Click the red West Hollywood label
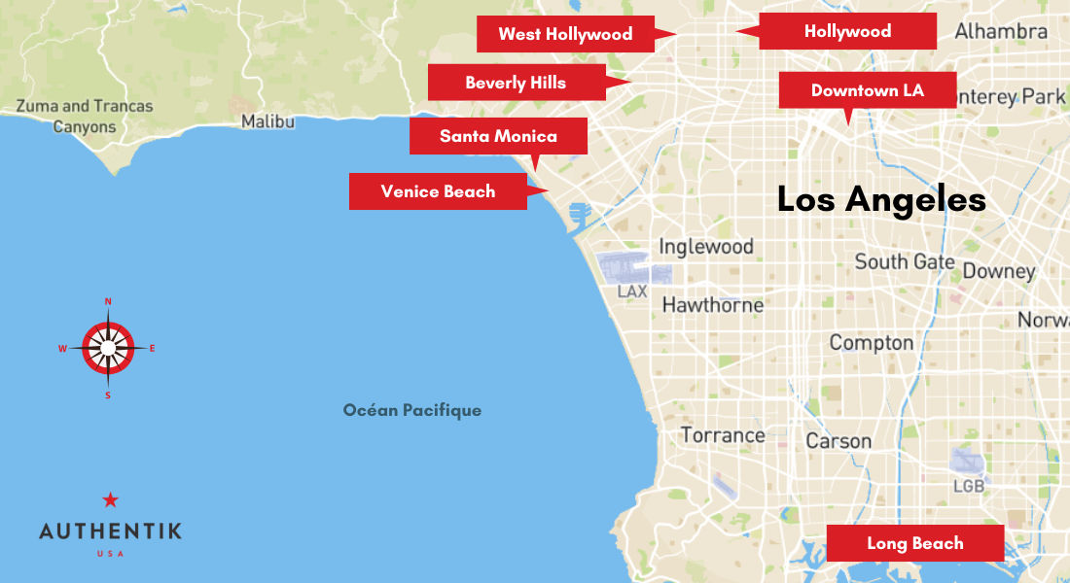click(x=565, y=34)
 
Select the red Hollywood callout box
click(x=847, y=31)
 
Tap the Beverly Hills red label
click(x=516, y=83)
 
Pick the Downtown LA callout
click(x=867, y=90)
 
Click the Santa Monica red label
click(x=498, y=136)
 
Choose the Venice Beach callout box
click(x=438, y=191)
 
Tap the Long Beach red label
click(x=914, y=543)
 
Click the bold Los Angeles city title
click(x=881, y=200)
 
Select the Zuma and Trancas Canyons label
click(x=85, y=117)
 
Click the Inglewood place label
click(x=706, y=247)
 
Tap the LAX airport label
click(x=632, y=291)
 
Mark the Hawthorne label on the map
click(x=712, y=305)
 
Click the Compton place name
click(x=871, y=343)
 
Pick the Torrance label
click(x=723, y=435)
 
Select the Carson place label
click(x=838, y=441)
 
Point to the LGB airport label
click(x=968, y=485)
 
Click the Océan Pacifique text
click(x=412, y=410)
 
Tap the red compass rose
click(x=108, y=348)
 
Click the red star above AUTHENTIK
click(x=110, y=500)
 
